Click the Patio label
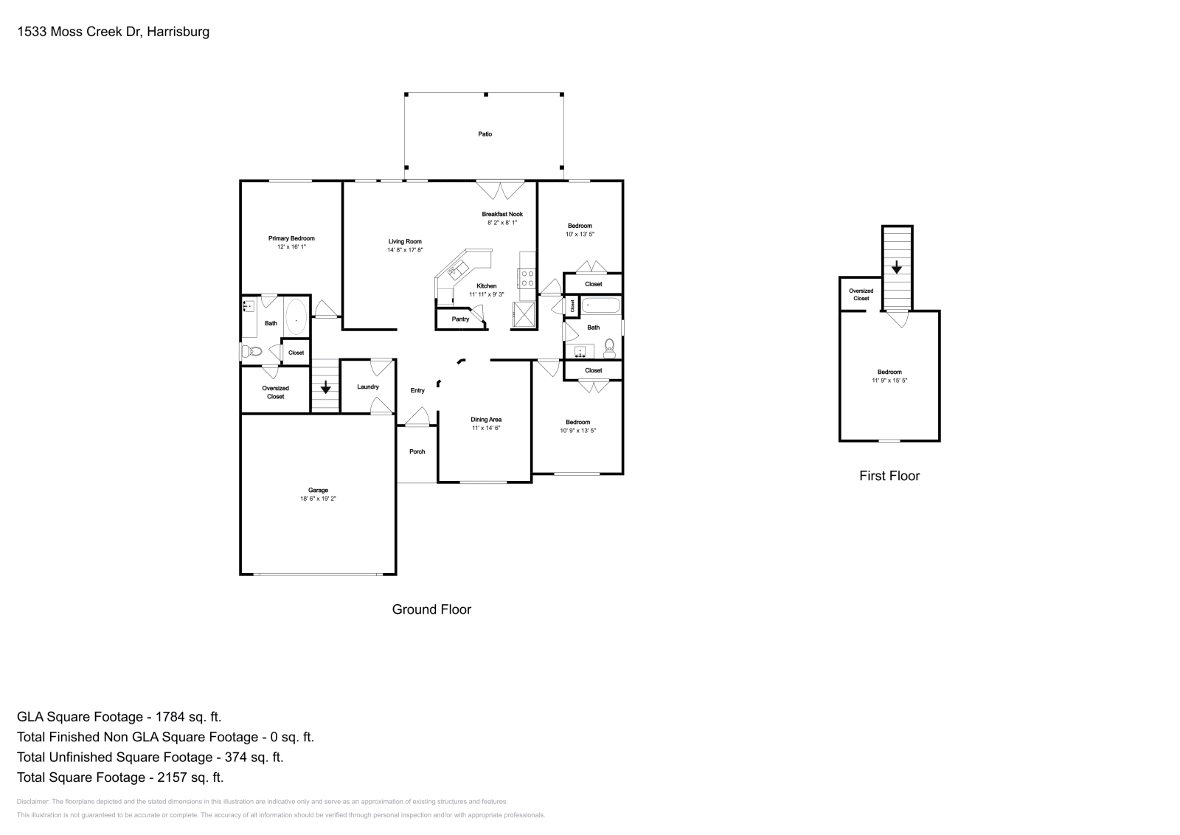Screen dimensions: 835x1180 pyautogui.click(x=485, y=134)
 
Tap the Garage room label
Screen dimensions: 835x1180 pyautogui.click(x=318, y=491)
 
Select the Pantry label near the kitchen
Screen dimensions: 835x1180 pyautogui.click(x=460, y=319)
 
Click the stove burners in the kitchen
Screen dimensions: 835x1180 pyautogui.click(x=527, y=278)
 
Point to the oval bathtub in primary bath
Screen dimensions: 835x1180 pyautogui.click(x=296, y=321)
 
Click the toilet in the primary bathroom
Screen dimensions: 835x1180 pyautogui.click(x=252, y=352)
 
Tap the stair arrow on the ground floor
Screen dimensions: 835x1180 pyautogui.click(x=325, y=387)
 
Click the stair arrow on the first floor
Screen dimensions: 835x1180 pyautogui.click(x=897, y=268)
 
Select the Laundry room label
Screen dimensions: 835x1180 pyautogui.click(x=367, y=387)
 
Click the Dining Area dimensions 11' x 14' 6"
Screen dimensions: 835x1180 pyautogui.click(x=486, y=428)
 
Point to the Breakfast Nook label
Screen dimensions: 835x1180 pyautogui.click(x=502, y=214)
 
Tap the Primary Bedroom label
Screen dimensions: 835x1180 pyautogui.click(x=291, y=238)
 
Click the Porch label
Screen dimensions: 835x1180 pyautogui.click(x=417, y=451)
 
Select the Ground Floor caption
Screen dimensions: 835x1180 pyautogui.click(x=431, y=609)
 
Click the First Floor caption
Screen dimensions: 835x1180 pyautogui.click(x=889, y=476)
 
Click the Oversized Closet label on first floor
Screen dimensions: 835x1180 pyautogui.click(x=861, y=294)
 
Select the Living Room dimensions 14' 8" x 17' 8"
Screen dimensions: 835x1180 pyautogui.click(x=405, y=250)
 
